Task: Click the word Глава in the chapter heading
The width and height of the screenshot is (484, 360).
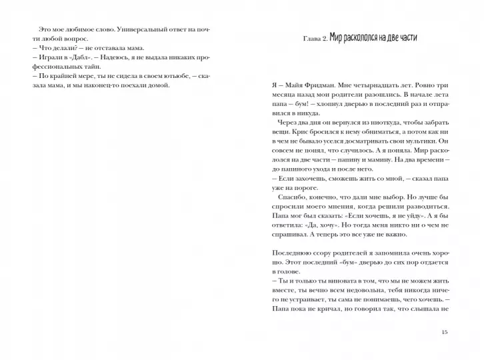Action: tap(313, 39)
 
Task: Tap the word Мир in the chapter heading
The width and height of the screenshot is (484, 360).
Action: tap(344, 38)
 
